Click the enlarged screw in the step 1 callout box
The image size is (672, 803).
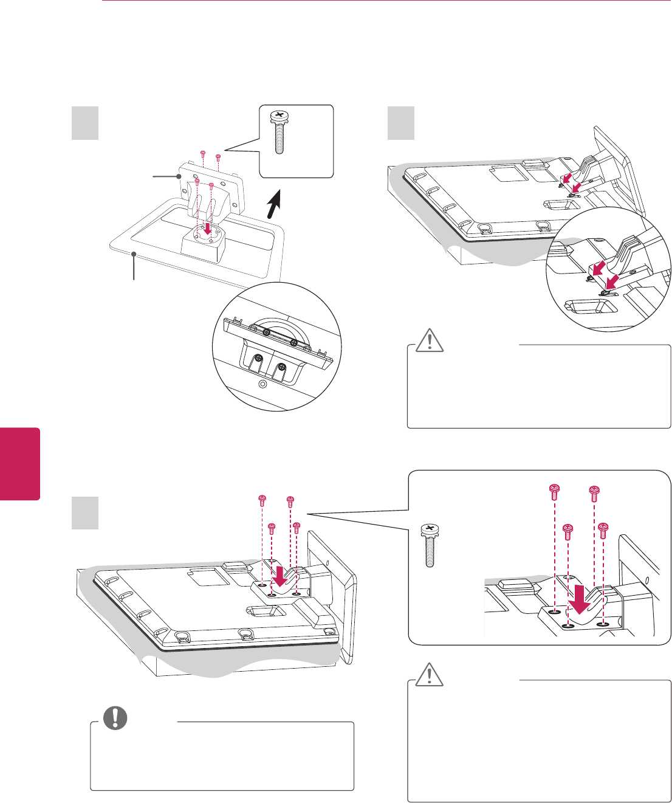click(279, 133)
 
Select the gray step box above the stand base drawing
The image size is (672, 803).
click(85, 123)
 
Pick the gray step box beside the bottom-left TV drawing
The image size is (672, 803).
click(85, 512)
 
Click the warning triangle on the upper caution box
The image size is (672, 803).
click(430, 342)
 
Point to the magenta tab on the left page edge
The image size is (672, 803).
click(19, 463)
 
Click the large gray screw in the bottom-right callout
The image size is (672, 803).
click(430, 545)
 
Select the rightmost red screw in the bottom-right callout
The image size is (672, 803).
click(603, 529)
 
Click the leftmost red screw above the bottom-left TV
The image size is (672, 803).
click(262, 500)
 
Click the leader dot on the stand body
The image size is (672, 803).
click(179, 176)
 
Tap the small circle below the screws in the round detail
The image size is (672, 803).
click(262, 384)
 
